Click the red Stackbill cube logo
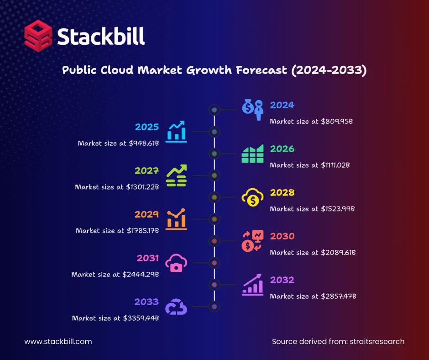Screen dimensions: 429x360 pos(38,36)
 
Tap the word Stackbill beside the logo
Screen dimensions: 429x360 pos(101,36)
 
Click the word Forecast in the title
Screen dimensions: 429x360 pos(262,70)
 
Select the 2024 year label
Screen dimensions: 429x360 pos(282,105)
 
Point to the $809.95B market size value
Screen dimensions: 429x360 pos(337,121)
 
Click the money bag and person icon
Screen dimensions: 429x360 pos(252,110)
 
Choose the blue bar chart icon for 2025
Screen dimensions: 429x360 pos(177,132)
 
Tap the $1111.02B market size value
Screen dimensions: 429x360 pos(335,165)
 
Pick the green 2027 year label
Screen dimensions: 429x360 pos(146,171)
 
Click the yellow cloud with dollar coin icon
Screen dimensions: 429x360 pos(252,197)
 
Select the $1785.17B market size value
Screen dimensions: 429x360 pos(143,231)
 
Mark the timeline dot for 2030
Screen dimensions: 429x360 pos(214,241)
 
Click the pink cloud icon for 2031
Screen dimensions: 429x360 pos(176,263)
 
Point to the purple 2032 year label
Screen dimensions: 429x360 pos(282,280)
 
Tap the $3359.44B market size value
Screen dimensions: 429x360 pos(141,318)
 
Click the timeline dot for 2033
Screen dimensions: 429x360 pos(214,307)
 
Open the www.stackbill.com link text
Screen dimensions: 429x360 pos(58,342)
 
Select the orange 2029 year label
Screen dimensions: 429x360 pos(146,214)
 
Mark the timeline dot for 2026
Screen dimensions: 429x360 pos(214,154)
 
